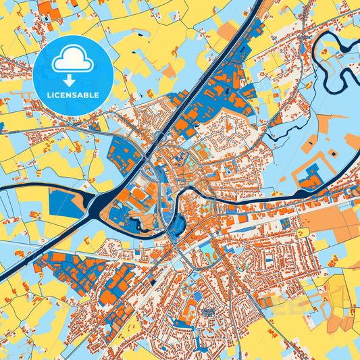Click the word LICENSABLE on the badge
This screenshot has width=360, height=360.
pos(72,94)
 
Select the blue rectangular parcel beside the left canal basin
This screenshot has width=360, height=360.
pos(66,203)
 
